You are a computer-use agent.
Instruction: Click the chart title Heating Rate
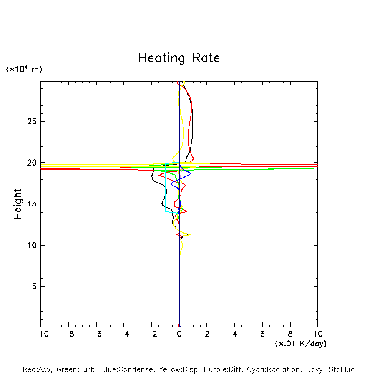(179, 58)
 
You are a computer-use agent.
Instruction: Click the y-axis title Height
(18, 204)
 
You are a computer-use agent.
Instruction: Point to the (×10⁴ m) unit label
(24, 69)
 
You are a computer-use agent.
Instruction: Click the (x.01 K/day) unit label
(300, 344)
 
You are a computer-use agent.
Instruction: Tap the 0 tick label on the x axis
(179, 334)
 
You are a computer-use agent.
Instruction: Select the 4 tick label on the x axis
(235, 334)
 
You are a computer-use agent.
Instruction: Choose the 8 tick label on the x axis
(290, 334)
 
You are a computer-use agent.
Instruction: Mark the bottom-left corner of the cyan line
(165, 212)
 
